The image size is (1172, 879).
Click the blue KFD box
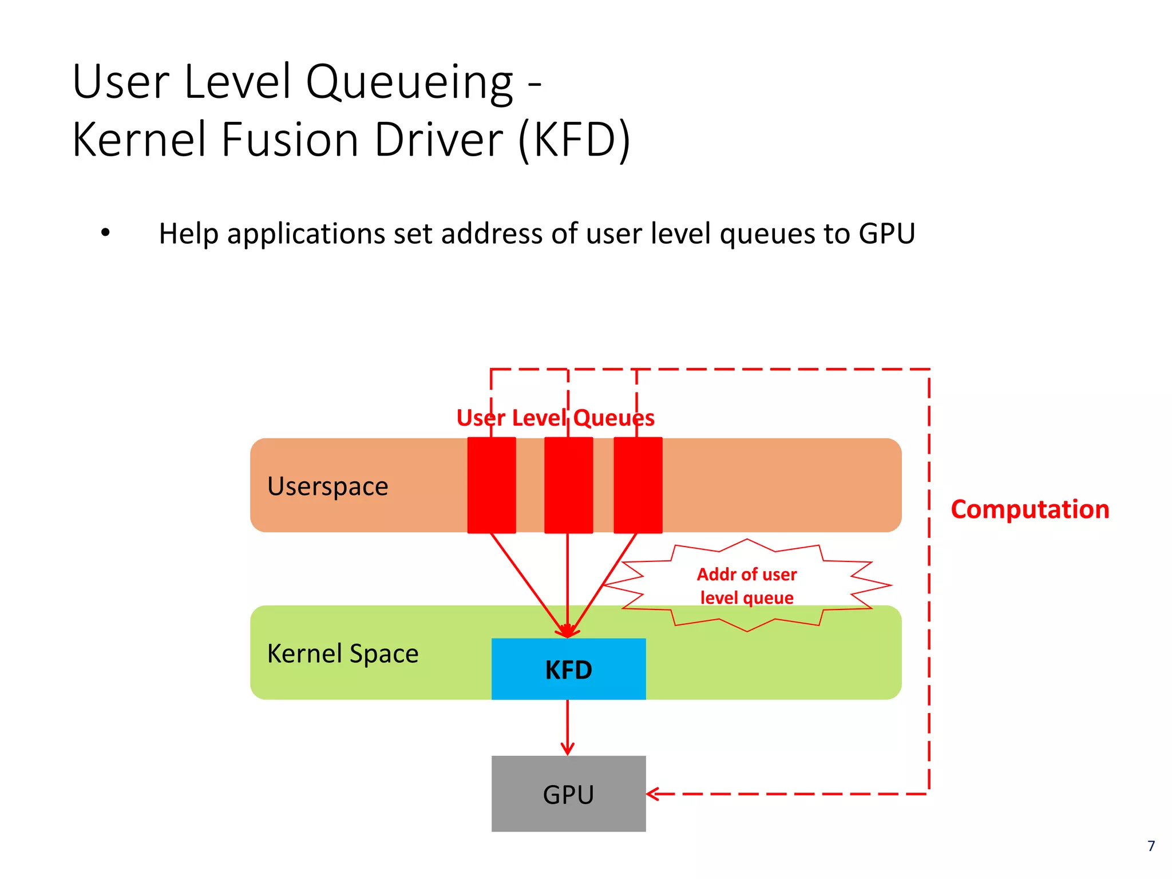click(568, 668)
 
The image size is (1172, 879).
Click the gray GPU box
click(568, 794)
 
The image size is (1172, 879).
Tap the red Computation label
click(1030, 509)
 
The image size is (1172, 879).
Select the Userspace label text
click(327, 486)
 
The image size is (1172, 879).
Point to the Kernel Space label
click(343, 654)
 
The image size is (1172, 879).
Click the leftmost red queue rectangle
click(492, 485)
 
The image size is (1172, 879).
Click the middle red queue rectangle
click(568, 485)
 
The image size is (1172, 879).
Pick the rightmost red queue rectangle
click(638, 485)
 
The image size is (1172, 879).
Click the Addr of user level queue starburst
click(747, 585)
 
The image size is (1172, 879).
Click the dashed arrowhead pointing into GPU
click(653, 794)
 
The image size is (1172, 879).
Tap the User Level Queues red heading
click(555, 418)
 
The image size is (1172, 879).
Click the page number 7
click(1151, 846)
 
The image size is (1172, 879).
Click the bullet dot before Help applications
click(105, 233)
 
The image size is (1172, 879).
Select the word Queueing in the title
click(409, 82)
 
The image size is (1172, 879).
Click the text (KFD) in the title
click(573, 140)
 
